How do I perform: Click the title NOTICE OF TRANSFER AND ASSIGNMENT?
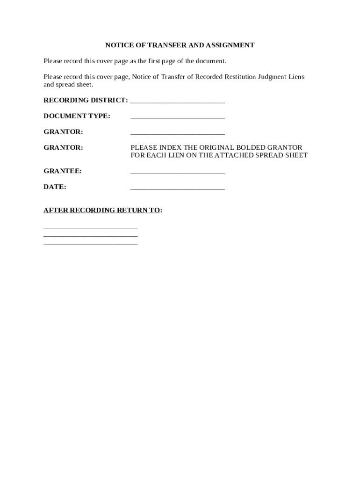point(180,45)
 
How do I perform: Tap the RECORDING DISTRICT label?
point(85,101)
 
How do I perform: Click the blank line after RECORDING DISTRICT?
point(178,102)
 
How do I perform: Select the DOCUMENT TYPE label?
point(77,116)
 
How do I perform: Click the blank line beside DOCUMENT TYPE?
point(178,117)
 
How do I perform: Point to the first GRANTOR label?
point(63,132)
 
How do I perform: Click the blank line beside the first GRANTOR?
point(178,133)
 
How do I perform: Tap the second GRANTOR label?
point(63,148)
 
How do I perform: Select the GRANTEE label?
point(63,171)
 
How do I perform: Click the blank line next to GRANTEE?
point(178,173)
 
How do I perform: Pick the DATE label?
point(55,187)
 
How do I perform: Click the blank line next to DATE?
point(178,189)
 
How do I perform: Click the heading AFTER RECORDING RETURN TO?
point(102,210)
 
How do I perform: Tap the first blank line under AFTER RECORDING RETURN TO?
point(91,228)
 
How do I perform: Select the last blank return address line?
point(91,244)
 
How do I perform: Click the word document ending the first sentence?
point(212,61)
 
